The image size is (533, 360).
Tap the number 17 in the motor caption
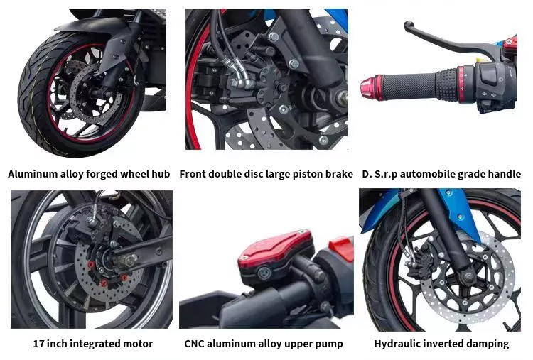pos(38,344)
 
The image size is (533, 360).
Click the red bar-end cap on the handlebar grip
pos(372,87)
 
